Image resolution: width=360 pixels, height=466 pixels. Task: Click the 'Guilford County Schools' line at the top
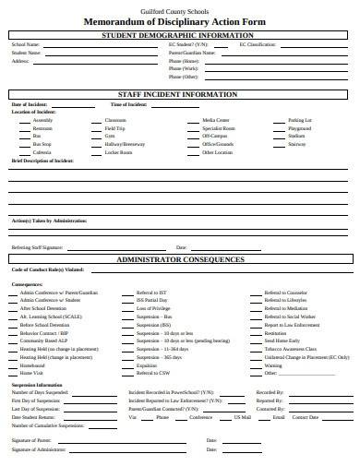180,8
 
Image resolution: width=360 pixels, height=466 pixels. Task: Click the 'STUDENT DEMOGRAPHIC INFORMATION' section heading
180,35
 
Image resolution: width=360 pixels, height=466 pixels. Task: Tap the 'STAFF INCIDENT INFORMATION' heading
180,94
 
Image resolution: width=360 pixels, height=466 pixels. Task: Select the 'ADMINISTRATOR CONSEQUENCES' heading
180,260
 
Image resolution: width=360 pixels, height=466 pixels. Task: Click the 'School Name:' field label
25,44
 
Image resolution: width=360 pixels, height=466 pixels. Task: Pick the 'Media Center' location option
215,120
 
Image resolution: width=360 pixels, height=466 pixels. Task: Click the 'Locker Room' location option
118,151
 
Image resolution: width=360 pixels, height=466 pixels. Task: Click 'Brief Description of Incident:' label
42,160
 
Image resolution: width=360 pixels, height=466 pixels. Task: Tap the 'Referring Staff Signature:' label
37,247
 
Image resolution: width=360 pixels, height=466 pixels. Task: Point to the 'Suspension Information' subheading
37,384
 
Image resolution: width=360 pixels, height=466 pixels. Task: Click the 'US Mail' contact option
243,417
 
